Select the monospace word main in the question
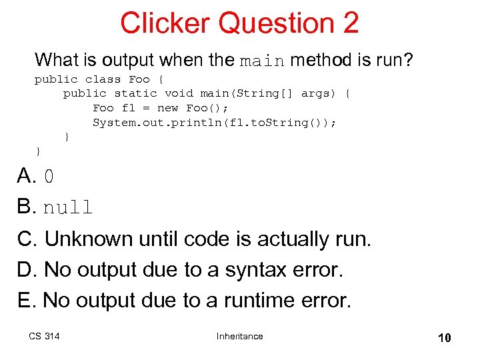coord(263,62)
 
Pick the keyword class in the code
coord(103,79)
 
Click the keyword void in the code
coord(179,93)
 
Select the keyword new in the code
coord(168,108)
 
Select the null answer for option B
coord(68,208)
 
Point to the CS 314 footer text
coord(44,336)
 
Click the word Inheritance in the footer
coord(240,336)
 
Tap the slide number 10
coord(444,338)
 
